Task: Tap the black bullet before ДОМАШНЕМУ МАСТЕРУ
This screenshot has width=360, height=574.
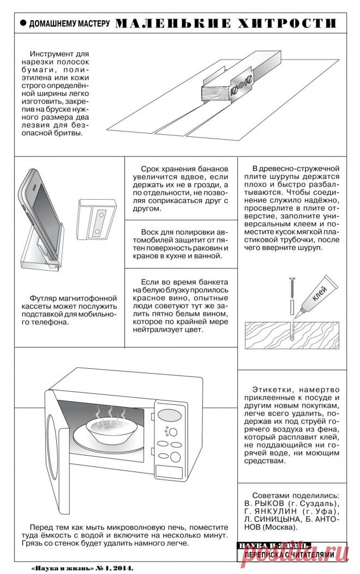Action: point(23,23)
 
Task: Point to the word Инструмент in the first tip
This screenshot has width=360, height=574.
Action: point(52,55)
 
